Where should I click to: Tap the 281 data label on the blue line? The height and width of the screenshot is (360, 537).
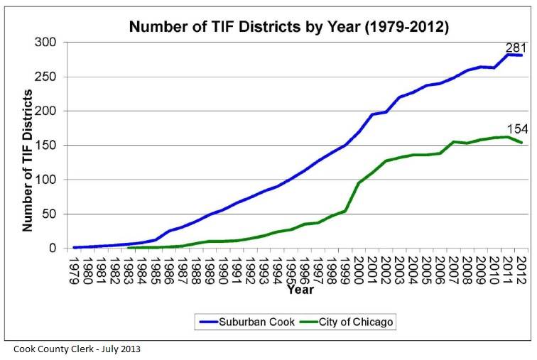[515, 47]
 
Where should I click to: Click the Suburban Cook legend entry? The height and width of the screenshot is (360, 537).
[240, 322]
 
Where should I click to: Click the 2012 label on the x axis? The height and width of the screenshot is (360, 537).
[521, 269]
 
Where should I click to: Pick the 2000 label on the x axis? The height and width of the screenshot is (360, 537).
[359, 269]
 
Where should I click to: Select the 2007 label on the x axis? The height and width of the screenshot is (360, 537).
[454, 269]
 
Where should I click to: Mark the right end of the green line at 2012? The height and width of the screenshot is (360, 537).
[521, 143]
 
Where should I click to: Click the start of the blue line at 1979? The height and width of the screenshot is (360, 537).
[75, 247]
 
